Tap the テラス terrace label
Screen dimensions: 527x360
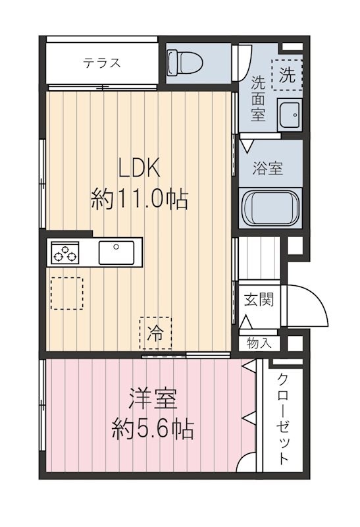(x=101, y=63)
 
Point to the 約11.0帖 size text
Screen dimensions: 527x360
(x=140, y=198)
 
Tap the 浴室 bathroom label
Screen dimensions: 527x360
(x=268, y=167)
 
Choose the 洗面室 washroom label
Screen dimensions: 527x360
(x=258, y=97)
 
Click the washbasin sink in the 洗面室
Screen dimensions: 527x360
(x=288, y=115)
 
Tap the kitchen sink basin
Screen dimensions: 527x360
(x=116, y=252)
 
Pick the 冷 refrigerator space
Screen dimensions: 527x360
(x=155, y=332)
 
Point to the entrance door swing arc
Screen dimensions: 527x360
(x=309, y=304)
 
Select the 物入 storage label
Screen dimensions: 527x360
(x=258, y=343)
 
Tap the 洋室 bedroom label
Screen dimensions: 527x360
(x=152, y=400)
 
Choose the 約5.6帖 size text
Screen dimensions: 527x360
(x=152, y=431)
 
